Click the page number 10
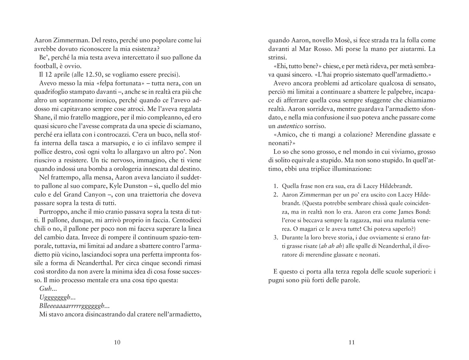(117, 342)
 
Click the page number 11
(352, 342)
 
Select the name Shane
(42, 117)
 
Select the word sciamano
(189, 126)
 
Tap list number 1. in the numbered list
(276, 186)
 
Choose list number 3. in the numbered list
(276, 238)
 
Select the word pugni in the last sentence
(277, 280)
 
